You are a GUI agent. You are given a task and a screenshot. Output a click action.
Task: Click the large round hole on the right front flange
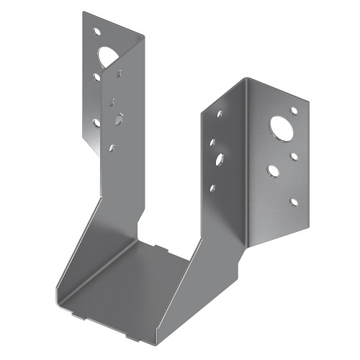click(279, 129)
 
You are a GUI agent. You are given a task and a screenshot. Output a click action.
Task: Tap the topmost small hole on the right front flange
click(294, 110)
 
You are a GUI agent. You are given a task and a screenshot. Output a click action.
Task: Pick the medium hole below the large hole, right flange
click(274, 171)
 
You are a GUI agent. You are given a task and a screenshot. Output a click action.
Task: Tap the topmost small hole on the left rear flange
click(96, 32)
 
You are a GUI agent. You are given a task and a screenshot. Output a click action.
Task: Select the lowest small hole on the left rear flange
click(96, 122)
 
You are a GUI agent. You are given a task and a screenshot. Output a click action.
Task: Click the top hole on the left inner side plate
click(119, 73)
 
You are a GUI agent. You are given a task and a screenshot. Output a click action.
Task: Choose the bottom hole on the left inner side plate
click(112, 148)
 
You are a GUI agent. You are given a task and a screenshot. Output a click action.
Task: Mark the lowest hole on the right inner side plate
click(212, 189)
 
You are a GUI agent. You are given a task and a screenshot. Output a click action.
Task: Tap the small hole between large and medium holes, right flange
click(294, 153)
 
